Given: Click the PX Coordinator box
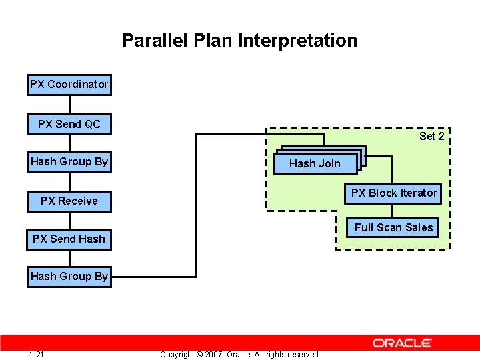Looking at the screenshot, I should [x=69, y=85].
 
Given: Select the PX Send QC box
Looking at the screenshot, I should [x=69, y=124].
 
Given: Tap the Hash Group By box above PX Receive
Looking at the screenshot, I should [x=69, y=162].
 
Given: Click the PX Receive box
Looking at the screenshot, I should [x=69, y=201].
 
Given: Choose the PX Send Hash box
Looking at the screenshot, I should [x=69, y=239].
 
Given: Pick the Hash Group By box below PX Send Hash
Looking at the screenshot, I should [x=69, y=276].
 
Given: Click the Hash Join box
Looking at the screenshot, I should [x=314, y=163].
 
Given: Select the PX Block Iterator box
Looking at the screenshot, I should [x=394, y=193].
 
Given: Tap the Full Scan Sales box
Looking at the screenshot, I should [x=393, y=227].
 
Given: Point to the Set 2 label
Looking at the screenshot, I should [x=431, y=137].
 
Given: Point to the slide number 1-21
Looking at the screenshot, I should [x=37, y=354].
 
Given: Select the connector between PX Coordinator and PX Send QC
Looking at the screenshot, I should [x=69, y=105].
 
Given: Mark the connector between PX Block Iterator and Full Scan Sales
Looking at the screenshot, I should [x=393, y=210].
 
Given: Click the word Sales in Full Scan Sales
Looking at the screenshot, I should [x=419, y=227].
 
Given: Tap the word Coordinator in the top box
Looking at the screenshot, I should [x=77, y=85].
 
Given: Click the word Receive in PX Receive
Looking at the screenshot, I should [x=77, y=201].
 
